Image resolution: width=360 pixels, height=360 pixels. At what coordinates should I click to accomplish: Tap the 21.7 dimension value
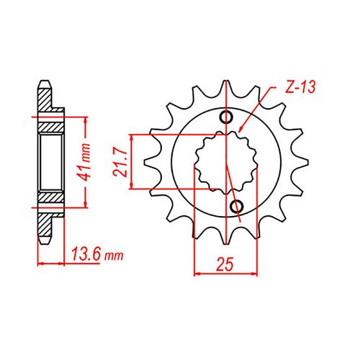click(121, 162)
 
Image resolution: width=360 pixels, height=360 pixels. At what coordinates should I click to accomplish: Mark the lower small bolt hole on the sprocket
click(235, 208)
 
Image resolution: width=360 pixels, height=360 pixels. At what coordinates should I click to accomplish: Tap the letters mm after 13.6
click(116, 253)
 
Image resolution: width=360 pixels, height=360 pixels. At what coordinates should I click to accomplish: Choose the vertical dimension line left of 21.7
click(132, 162)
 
